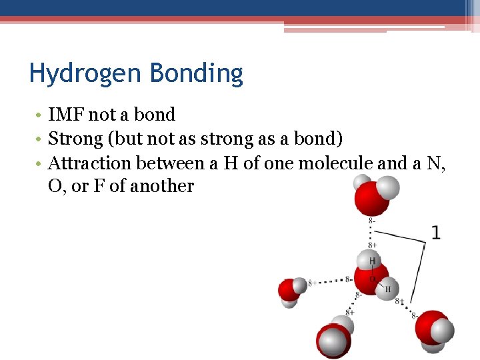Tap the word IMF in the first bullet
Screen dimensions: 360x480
click(66, 115)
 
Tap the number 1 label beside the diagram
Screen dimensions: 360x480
click(435, 233)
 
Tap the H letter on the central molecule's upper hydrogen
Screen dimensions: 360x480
click(372, 261)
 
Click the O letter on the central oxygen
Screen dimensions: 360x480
click(373, 279)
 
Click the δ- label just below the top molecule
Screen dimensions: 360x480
click(371, 220)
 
